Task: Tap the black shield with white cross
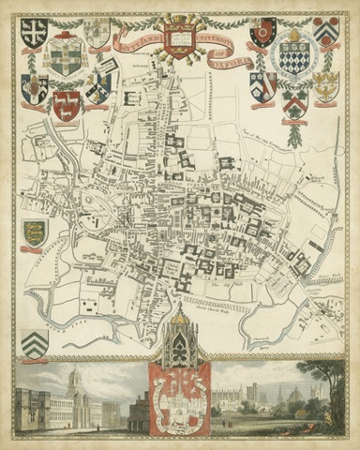click(x=35, y=33)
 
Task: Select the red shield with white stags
click(x=65, y=105)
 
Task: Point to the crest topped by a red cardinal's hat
click(x=66, y=54)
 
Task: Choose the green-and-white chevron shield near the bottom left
click(x=35, y=340)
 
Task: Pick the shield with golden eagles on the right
click(x=325, y=86)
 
